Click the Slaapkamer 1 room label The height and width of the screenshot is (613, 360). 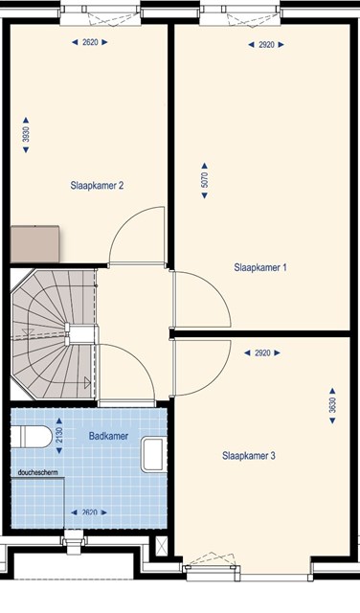(260, 268)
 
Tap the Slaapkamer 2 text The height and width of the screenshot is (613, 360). (97, 185)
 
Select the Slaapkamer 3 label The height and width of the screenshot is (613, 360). (249, 456)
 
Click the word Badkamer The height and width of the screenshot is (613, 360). (108, 436)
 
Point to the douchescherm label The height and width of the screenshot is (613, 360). (38, 472)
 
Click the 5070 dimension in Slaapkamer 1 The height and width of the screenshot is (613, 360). (205, 180)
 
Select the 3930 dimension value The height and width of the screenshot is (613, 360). (26, 134)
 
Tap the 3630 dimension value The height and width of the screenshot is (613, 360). (332, 405)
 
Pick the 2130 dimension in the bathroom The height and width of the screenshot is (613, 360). (59, 436)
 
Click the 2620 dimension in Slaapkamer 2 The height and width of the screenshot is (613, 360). (90, 42)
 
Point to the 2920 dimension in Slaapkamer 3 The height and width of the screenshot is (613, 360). (262, 353)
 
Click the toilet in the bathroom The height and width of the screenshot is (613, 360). (32, 437)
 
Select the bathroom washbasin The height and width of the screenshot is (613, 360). (153, 455)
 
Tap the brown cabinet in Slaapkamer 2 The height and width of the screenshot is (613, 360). (34, 244)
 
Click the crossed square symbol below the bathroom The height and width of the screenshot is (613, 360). (162, 545)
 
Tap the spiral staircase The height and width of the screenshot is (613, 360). (53, 334)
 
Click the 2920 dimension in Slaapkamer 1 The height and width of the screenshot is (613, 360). (266, 45)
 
